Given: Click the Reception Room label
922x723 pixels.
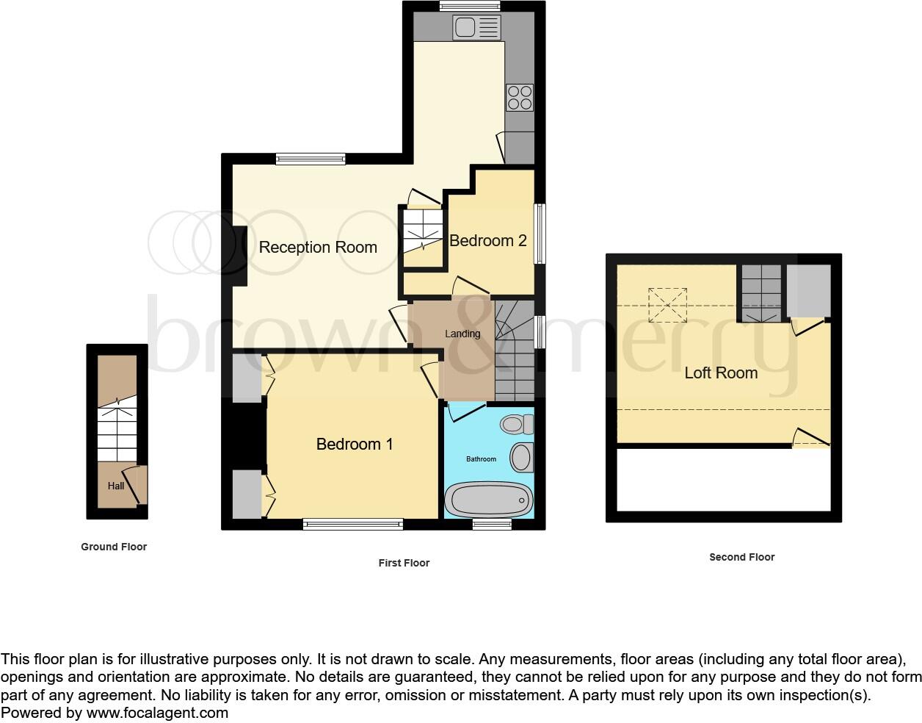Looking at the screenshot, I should (318, 248).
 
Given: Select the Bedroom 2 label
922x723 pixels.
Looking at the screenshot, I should (488, 241).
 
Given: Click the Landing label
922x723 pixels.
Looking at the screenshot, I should (462, 334).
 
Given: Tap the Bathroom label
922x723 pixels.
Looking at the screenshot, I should (482, 459).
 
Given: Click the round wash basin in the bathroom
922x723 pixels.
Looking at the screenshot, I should (521, 457).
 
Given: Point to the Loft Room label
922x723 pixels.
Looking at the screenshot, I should (721, 373).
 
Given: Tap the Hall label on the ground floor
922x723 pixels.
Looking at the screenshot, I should (116, 486).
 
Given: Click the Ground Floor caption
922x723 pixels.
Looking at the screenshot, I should (114, 547).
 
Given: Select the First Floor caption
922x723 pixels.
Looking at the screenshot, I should (404, 563).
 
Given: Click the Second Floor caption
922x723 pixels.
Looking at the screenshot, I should (741, 557).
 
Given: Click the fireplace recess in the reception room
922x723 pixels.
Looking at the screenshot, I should (239, 256).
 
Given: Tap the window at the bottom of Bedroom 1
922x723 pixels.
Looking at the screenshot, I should (353, 524).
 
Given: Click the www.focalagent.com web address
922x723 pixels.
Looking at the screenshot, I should (157, 713).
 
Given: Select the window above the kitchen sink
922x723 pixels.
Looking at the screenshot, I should (470, 6).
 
